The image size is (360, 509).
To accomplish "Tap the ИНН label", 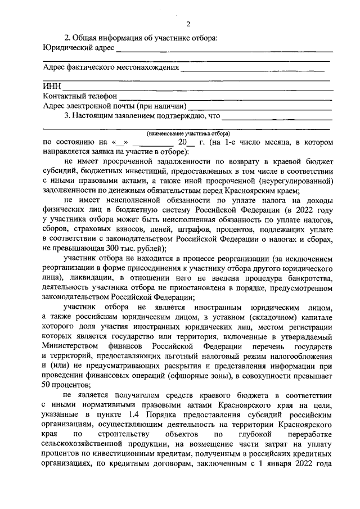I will pyautogui.click(x=52, y=87).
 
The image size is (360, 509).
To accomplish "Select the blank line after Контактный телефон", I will pyautogui.click(x=225, y=97).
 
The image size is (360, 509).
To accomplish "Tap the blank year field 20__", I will pyautogui.click(x=182, y=143).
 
